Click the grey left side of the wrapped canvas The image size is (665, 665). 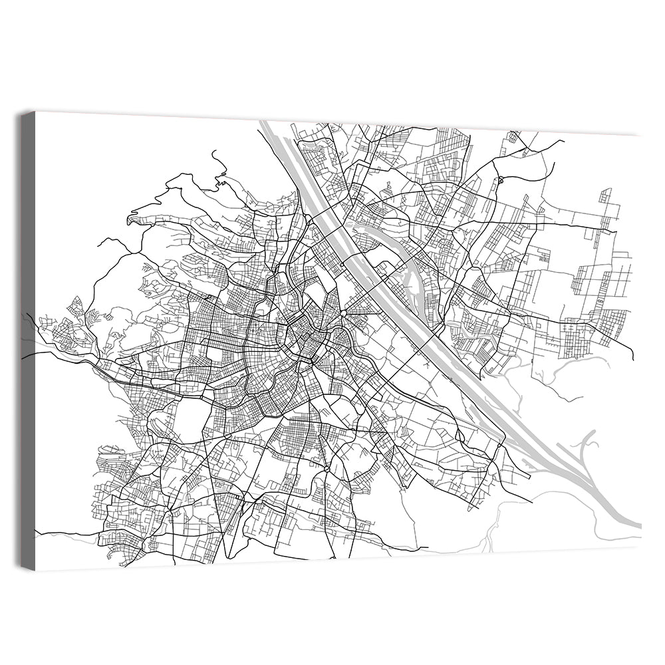[28, 339]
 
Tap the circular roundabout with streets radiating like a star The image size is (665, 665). [343, 313]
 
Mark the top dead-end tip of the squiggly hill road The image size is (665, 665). [213, 152]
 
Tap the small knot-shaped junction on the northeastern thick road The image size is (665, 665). [500, 180]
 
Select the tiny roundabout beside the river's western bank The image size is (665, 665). [341, 265]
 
